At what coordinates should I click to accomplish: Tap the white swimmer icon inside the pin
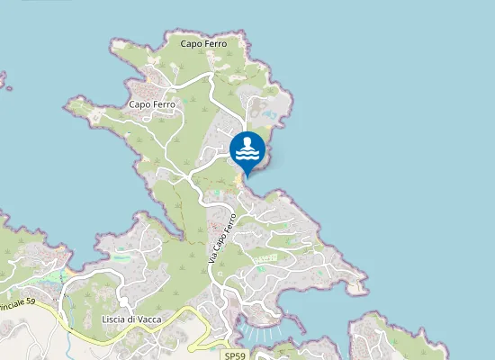pyautogui.click(x=247, y=149)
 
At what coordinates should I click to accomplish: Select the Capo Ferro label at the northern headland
pyautogui.click(x=203, y=43)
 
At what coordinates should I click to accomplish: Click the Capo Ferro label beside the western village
pyautogui.click(x=153, y=104)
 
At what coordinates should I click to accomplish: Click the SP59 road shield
pyautogui.click(x=234, y=356)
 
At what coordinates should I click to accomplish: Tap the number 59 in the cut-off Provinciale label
pyautogui.click(x=30, y=301)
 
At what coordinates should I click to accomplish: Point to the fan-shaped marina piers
pyautogui.click(x=263, y=334)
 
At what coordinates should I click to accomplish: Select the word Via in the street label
pyautogui.click(x=214, y=257)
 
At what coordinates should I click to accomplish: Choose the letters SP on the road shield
pyautogui.click(x=229, y=356)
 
